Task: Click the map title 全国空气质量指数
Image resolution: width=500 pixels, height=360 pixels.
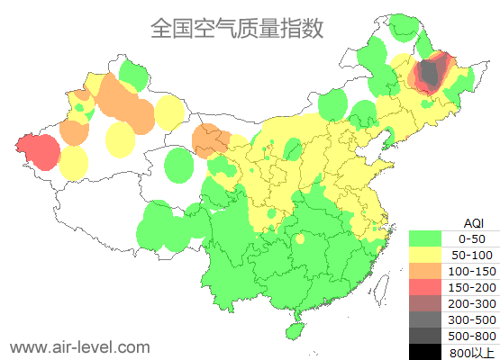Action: point(236,29)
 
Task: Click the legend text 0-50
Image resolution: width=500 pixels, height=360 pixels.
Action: point(471,238)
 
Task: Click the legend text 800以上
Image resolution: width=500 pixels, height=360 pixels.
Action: point(471,352)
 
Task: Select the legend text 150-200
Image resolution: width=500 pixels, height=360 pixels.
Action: point(471,287)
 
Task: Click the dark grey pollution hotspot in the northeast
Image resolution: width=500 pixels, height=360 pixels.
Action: point(431,76)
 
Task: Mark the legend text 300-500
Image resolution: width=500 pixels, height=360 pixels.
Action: point(471,319)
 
